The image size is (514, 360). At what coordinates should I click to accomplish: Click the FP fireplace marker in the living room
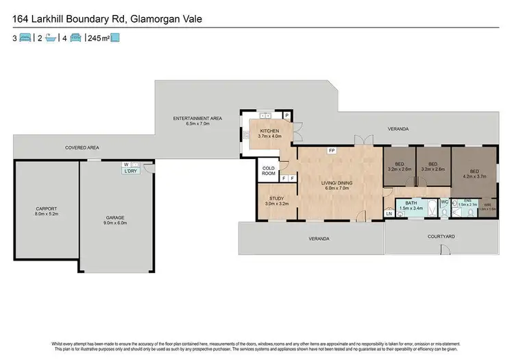click(332, 150)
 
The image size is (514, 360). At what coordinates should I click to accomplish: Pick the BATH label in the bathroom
click(411, 203)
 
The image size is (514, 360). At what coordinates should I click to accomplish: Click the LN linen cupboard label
click(389, 214)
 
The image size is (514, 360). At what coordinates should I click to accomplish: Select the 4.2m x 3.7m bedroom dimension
click(474, 176)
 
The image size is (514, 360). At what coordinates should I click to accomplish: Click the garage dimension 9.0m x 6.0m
click(115, 222)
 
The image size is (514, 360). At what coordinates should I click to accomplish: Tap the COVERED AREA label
click(82, 147)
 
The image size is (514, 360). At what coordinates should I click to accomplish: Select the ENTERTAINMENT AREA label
click(197, 119)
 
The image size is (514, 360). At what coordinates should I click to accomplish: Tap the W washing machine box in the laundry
click(126, 165)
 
